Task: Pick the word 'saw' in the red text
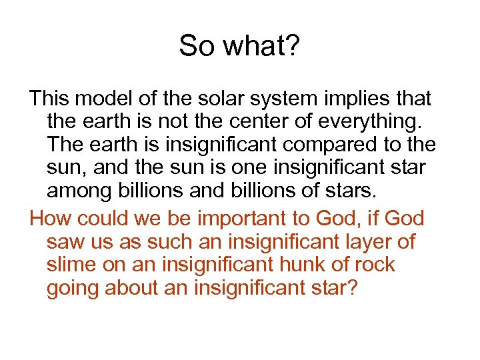tap(64, 241)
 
